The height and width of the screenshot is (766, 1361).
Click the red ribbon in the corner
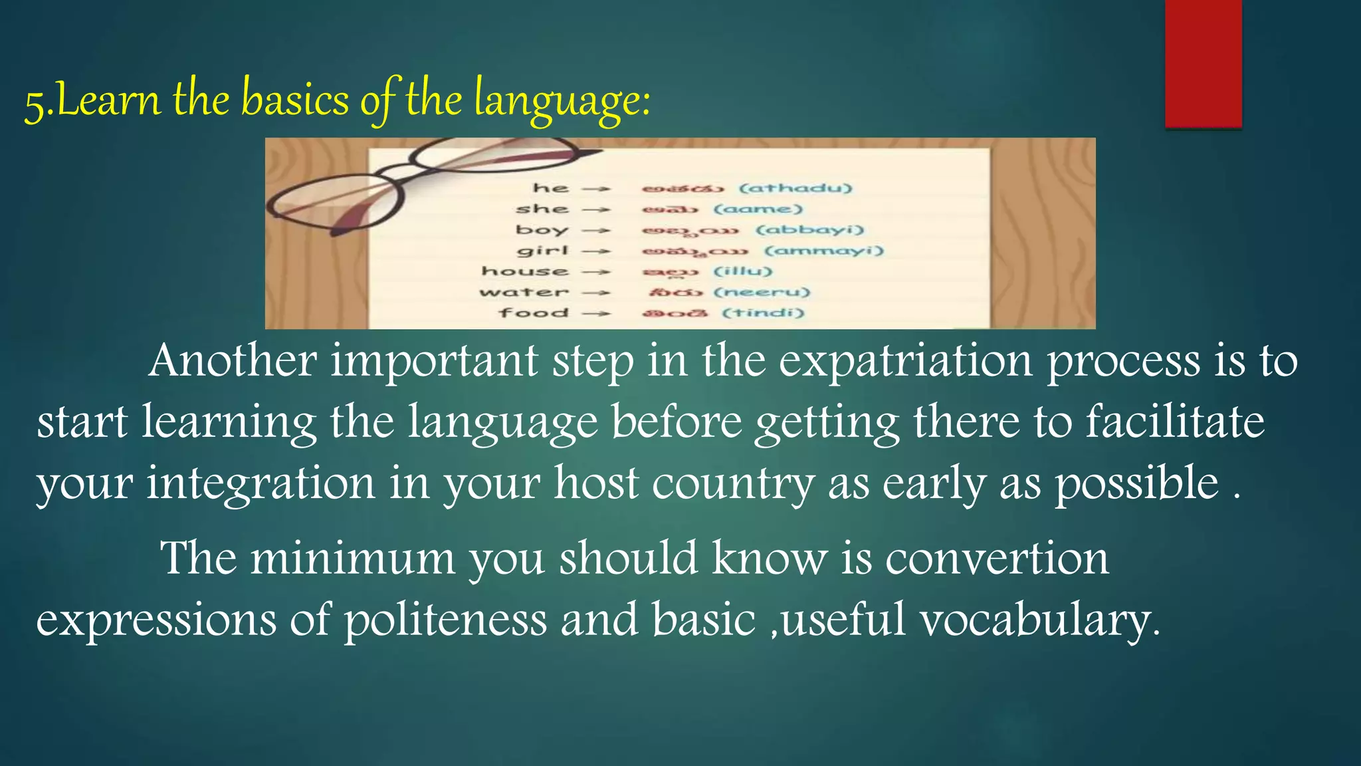tap(1203, 63)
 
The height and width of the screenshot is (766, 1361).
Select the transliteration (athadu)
tap(795, 188)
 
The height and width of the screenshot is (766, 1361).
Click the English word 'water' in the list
tap(524, 293)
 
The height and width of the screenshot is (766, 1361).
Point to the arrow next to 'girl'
tap(596, 251)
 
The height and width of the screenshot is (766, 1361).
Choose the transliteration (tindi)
tap(763, 313)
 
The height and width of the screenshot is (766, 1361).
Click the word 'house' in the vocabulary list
tap(525, 271)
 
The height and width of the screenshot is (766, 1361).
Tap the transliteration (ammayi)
tap(824, 251)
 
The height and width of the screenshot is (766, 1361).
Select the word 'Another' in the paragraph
tap(232, 361)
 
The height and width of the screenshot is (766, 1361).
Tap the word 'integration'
tap(261, 483)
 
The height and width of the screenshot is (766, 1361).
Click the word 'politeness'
tap(445, 620)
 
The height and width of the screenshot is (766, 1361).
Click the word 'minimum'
tap(352, 558)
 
